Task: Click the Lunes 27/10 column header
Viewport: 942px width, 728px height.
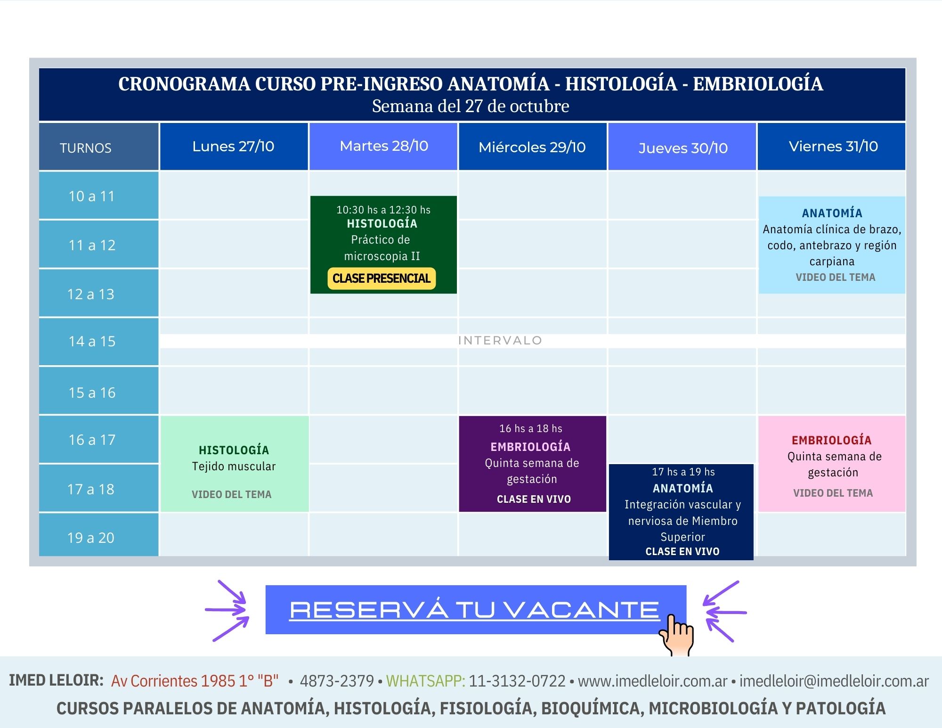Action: (234, 147)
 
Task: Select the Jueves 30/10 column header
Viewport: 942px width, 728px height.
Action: (682, 147)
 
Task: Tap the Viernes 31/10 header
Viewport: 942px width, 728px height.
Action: (831, 147)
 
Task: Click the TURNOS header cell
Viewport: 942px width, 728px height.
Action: (98, 147)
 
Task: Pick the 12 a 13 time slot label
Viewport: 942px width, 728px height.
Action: (91, 294)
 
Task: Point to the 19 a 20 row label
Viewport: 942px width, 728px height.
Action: (91, 538)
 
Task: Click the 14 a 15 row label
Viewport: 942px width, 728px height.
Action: (92, 341)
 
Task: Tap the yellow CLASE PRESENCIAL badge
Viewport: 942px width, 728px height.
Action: (382, 278)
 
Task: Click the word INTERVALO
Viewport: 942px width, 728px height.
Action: (500, 340)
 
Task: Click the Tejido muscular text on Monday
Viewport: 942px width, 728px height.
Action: (234, 466)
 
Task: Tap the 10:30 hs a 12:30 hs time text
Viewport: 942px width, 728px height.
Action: (383, 210)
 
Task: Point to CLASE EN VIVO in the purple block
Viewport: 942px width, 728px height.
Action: (534, 499)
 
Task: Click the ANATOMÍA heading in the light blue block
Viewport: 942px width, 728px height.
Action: (832, 213)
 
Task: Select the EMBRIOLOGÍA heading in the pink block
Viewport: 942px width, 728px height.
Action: (831, 440)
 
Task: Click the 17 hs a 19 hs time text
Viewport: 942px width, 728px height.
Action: (683, 472)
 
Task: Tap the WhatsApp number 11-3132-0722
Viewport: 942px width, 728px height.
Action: (517, 681)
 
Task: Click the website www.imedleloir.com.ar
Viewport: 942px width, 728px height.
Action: (653, 681)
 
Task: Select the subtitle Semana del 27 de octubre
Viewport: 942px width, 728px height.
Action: (471, 106)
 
